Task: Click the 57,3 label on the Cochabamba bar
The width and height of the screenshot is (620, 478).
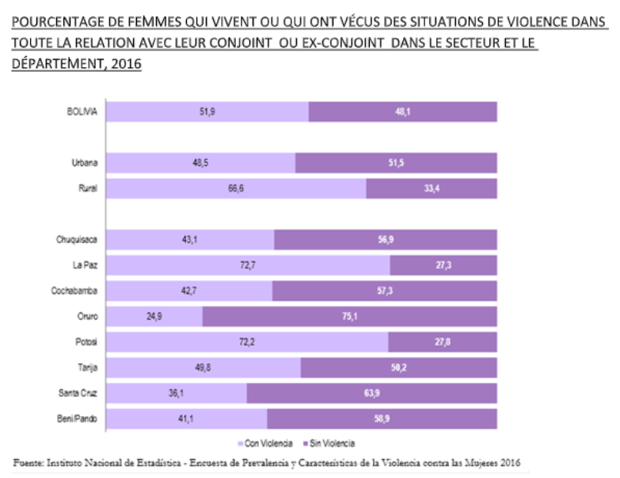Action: click(x=385, y=290)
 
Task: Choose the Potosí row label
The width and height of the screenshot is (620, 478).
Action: click(x=86, y=342)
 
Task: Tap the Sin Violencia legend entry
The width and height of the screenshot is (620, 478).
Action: click(x=331, y=442)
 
